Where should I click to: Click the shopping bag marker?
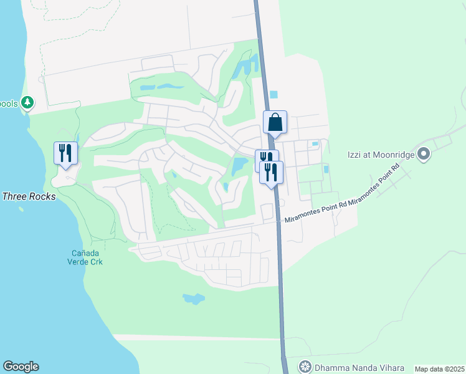pos(275,122)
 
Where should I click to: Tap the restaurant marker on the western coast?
pos(65,153)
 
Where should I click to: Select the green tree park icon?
pos(27,102)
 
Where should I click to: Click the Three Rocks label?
pos(29,196)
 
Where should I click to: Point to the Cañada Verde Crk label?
pos(86,257)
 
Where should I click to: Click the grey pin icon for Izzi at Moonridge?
pos(424,153)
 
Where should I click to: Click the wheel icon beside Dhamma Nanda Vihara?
pos(305,367)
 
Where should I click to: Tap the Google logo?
pos(21,367)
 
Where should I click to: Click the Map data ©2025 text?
pos(439,369)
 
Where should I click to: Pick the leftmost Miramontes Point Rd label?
pos(315,213)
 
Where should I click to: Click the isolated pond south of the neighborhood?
pos(194,299)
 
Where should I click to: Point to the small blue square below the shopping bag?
pos(273,95)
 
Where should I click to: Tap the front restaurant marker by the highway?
pos(271,172)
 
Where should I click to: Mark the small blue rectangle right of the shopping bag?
pos(315,144)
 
